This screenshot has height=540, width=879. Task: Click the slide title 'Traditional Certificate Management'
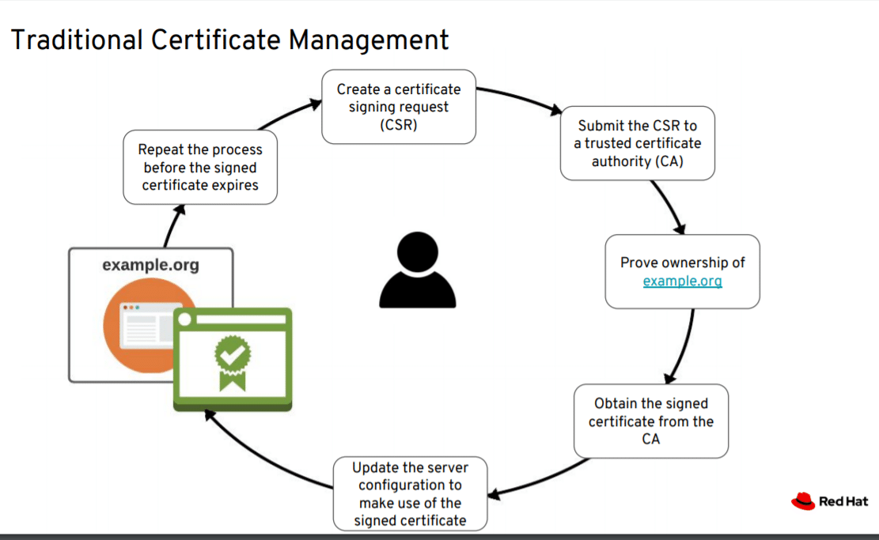click(229, 40)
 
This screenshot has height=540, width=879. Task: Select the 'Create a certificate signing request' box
click(398, 107)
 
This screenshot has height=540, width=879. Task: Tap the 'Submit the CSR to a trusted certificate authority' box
click(637, 143)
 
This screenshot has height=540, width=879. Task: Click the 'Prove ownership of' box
click(682, 271)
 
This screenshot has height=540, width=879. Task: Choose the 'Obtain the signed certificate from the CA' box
click(650, 421)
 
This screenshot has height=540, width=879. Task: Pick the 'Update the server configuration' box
click(409, 493)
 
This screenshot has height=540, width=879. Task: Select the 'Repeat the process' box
click(200, 168)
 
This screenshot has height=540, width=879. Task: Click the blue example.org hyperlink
click(682, 281)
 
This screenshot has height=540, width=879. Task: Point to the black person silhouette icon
click(418, 270)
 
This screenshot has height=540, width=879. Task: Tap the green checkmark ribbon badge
click(233, 361)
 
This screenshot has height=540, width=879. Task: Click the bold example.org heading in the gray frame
click(150, 265)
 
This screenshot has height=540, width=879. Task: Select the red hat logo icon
click(802, 500)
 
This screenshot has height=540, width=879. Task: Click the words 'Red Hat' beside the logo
click(843, 501)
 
